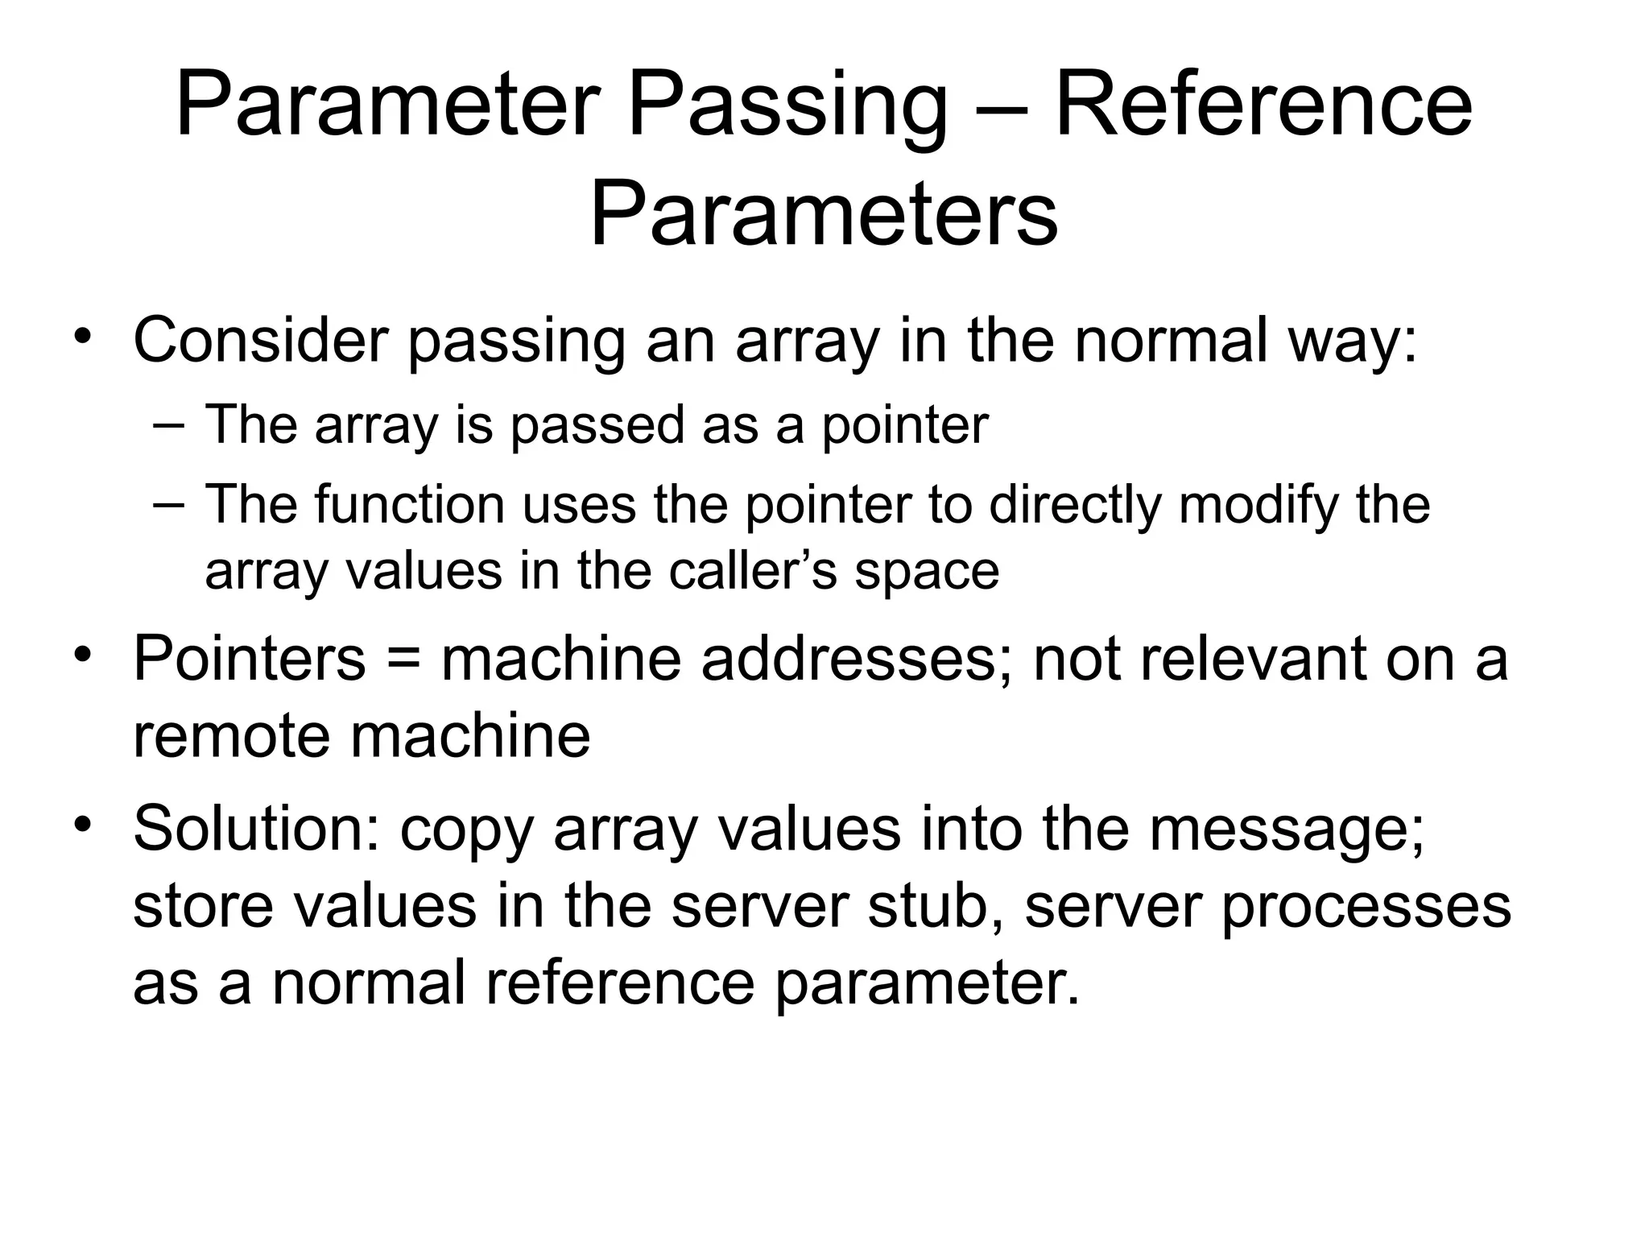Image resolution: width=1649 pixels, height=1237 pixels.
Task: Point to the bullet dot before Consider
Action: pyautogui.click(x=81, y=336)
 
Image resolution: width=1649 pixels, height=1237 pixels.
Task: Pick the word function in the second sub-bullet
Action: pyautogui.click(x=410, y=505)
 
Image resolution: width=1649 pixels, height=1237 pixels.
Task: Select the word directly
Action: pyautogui.click(x=1077, y=505)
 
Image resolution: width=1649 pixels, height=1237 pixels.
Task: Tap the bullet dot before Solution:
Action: pyautogui.click(x=81, y=825)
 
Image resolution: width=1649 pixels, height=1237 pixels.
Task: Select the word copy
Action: pyautogui.click(x=467, y=831)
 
